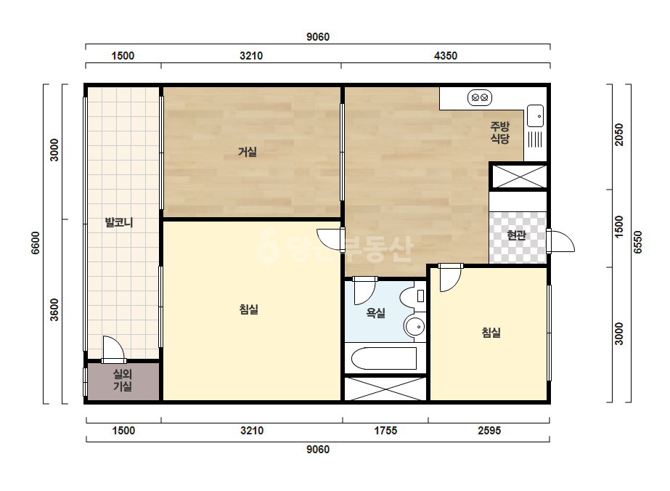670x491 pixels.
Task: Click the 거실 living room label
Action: pos(248,151)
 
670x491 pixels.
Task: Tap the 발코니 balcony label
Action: pos(119,222)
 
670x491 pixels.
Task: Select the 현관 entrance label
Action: pos(516,235)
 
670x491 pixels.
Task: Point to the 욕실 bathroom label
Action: pos(376,313)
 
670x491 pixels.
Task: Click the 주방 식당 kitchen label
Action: pos(499,132)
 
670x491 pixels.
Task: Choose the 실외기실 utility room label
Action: pos(123,380)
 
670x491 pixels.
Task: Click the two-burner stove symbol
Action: pos(480,97)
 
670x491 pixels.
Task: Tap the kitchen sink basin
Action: pos(536,116)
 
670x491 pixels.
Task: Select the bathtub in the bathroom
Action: pos(384,358)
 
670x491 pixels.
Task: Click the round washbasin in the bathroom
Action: pos(414,327)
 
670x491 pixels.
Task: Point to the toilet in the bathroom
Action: pos(413,296)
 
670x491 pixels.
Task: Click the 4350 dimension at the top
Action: pos(446,56)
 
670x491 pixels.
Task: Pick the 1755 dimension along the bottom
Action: pos(386,430)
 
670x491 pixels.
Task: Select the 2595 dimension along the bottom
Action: pos(489,430)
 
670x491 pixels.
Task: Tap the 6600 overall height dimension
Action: pos(36,243)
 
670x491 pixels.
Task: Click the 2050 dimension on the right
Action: pos(619,134)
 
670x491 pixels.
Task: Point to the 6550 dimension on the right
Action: pos(638,243)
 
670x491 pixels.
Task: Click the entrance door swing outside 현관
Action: pos(560,241)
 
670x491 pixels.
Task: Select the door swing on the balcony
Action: pos(114,349)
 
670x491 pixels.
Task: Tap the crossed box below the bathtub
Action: pos(386,389)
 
